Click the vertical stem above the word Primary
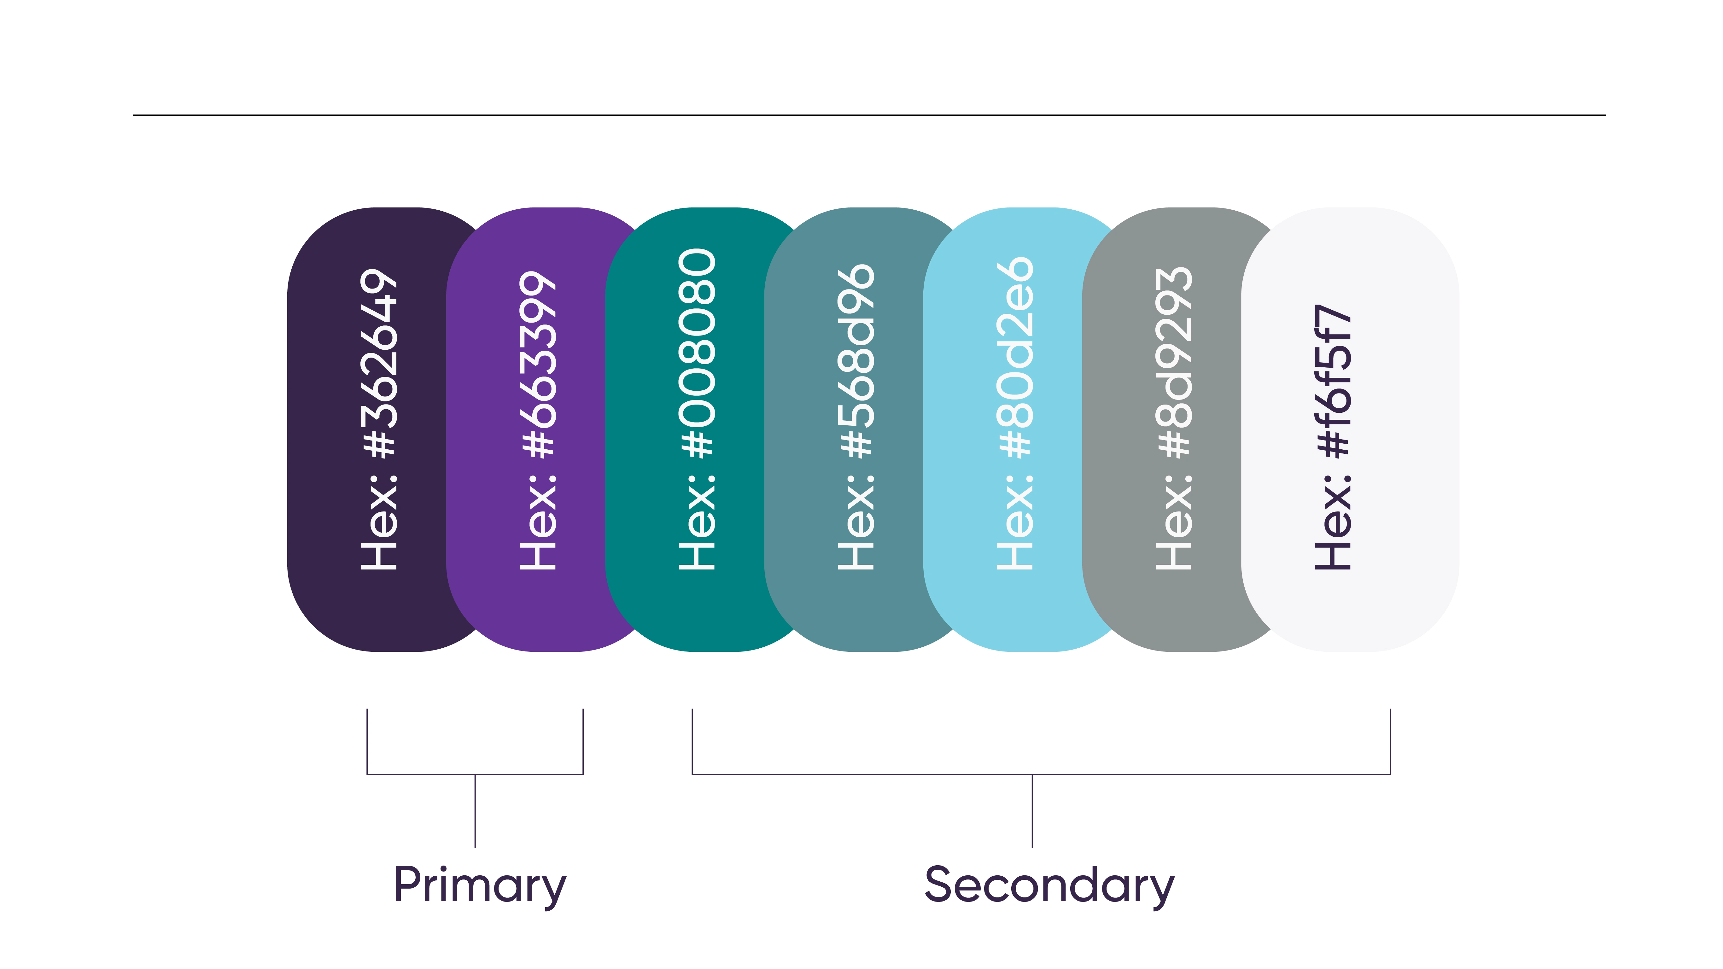[475, 811]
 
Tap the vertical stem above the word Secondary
[1032, 811]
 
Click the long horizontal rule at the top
[869, 115]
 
